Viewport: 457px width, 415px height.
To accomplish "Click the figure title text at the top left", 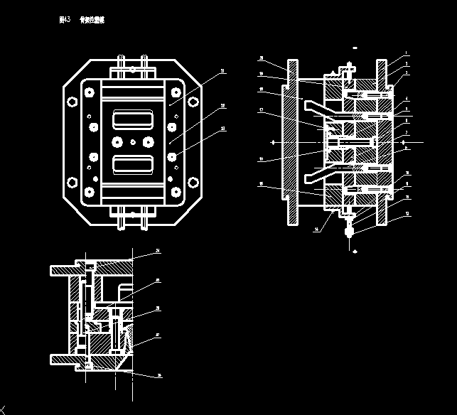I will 81,21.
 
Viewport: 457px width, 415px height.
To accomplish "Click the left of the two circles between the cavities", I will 116,142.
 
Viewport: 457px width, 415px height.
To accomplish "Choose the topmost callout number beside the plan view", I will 222,71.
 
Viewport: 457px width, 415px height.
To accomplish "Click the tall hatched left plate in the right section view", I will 291,142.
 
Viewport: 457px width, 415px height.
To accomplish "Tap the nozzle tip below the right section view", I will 349,232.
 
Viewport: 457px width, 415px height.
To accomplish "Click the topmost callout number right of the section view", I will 406,53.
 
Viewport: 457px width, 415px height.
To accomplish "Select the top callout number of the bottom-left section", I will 158,251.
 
